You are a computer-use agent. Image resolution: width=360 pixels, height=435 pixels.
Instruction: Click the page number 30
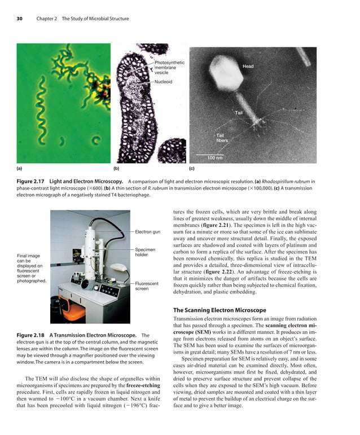(19, 19)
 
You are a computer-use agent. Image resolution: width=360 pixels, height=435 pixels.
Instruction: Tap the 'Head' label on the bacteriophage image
(248, 67)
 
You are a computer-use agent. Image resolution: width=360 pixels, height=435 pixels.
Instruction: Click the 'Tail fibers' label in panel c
(222, 138)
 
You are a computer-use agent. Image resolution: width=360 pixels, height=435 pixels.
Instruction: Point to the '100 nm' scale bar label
(214, 157)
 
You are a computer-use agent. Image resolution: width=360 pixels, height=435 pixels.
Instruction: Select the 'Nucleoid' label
(163, 82)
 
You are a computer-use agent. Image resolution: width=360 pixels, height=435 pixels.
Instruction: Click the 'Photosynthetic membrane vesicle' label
(169, 67)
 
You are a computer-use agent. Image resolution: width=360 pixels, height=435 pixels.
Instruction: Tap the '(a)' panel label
(20, 168)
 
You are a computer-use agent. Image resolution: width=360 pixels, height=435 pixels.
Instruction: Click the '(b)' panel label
(116, 168)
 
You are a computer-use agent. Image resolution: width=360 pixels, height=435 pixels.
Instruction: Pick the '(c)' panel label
(192, 168)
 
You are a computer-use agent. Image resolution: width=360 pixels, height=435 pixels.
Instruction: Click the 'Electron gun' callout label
(148, 232)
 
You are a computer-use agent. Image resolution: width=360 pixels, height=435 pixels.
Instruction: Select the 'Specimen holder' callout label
(146, 252)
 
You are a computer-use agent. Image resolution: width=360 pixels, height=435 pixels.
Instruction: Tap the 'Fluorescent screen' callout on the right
(147, 286)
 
